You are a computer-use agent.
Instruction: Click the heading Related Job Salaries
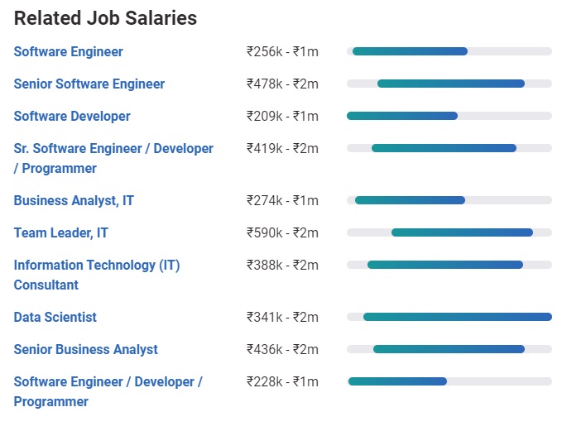(x=105, y=18)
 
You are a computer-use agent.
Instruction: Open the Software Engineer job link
(x=68, y=51)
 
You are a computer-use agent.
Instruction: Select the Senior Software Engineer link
(x=89, y=84)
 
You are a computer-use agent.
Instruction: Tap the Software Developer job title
(x=72, y=116)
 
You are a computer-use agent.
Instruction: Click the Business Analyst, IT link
(x=74, y=200)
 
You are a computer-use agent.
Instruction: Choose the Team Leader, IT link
(x=60, y=232)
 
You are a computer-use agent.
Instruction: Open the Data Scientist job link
(x=55, y=317)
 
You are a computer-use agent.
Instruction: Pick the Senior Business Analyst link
(x=85, y=349)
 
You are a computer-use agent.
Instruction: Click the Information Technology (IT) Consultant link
(x=96, y=266)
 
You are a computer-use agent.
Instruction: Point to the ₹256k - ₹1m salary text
(x=282, y=51)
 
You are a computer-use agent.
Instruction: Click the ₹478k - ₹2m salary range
(x=282, y=84)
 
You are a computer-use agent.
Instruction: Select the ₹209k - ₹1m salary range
(x=282, y=116)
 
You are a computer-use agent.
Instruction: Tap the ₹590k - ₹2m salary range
(x=282, y=232)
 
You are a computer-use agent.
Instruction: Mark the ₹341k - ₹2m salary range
(x=282, y=317)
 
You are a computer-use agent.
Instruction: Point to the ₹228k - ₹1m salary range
(x=282, y=381)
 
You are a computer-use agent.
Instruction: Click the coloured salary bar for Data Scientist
(x=457, y=317)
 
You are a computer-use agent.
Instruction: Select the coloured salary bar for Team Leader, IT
(x=462, y=232)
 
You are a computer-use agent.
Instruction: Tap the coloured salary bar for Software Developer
(x=402, y=116)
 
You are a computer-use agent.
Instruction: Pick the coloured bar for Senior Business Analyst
(x=449, y=349)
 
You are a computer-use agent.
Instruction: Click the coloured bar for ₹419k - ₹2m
(x=444, y=148)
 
